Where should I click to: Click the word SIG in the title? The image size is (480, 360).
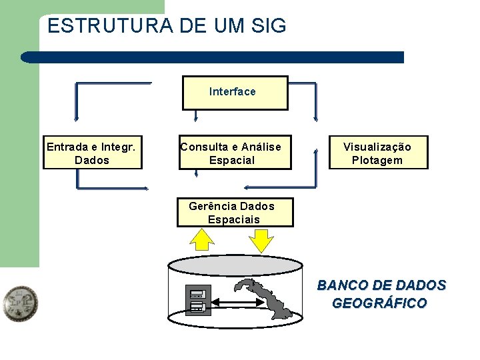pos(269,26)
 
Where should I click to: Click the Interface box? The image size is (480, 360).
pos(235,92)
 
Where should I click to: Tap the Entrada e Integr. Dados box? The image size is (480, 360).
pos(92,153)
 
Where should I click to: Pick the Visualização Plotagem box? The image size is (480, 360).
pos(377,153)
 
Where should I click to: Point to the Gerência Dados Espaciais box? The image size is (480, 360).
pos(235,213)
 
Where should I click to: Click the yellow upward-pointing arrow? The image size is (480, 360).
pos(201,239)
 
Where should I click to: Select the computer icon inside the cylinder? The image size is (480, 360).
pos(198,300)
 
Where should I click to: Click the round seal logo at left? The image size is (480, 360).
pos(20,305)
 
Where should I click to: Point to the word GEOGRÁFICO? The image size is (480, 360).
pos(379,303)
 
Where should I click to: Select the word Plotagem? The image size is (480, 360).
pos(377,160)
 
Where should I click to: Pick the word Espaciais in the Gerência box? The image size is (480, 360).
pos(233,219)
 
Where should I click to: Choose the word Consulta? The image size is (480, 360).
pos(203,147)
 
